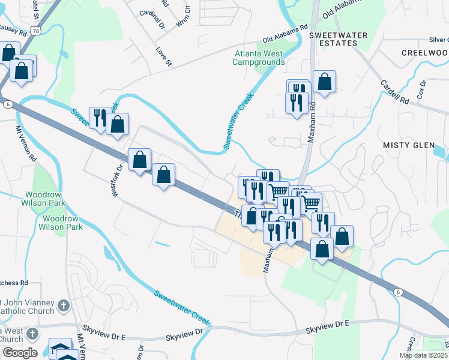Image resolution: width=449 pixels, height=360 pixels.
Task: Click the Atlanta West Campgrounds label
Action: coord(259,58)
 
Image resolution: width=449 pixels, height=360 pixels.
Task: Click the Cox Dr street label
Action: coord(421,90)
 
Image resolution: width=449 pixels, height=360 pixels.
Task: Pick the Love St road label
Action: coord(164,57)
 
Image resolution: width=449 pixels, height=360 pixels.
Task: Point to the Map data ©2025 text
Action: coord(424,355)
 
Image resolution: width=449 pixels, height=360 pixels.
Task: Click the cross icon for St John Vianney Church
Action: coord(64,307)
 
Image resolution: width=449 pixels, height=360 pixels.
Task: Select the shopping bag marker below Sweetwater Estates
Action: coord(324,82)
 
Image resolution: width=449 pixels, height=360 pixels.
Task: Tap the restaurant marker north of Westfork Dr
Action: coord(100,118)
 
